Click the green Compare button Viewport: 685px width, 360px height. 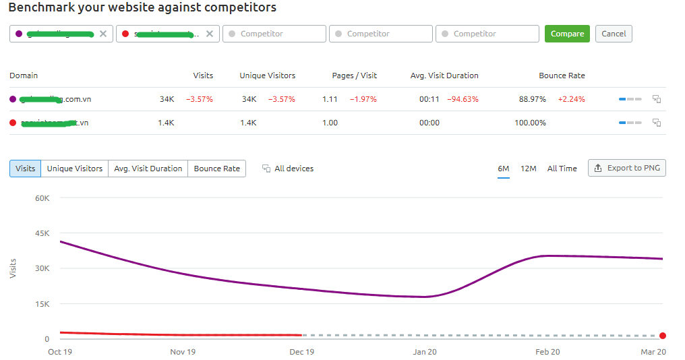click(567, 34)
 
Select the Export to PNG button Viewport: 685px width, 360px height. click(627, 168)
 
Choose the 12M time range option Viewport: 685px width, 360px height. click(528, 169)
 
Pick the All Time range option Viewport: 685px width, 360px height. click(562, 169)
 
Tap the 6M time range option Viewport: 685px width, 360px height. click(504, 169)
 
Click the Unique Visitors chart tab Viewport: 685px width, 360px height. click(75, 169)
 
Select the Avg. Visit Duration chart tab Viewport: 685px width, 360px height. click(148, 169)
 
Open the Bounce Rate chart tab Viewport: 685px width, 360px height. click(216, 169)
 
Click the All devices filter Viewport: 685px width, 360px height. click(288, 169)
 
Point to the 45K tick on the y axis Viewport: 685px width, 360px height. click(42, 233)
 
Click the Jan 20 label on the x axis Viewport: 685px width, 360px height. click(424, 352)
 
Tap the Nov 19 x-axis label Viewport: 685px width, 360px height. click(183, 352)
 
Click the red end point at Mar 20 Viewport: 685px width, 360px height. click(663, 336)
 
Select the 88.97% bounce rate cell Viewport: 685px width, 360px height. click(532, 99)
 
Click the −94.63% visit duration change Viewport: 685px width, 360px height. click(463, 99)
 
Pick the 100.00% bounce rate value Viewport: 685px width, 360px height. click(530, 123)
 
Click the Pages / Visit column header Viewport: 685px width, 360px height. click(355, 76)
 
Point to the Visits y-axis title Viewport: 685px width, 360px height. click(13, 268)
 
